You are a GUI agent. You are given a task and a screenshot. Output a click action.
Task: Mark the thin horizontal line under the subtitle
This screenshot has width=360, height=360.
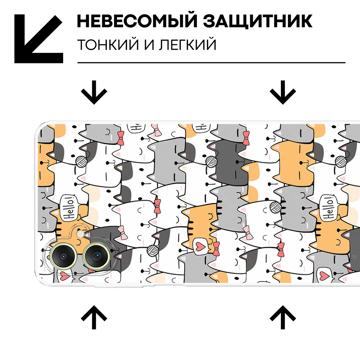[x=211, y=63]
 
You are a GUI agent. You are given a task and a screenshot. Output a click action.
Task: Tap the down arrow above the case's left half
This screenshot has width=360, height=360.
[x=94, y=92]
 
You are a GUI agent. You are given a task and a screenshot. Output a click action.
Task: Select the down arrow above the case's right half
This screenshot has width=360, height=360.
[x=283, y=92]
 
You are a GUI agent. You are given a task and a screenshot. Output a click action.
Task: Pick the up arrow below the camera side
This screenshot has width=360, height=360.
[x=94, y=318]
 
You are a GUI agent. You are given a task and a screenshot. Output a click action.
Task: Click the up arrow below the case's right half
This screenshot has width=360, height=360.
[x=283, y=318]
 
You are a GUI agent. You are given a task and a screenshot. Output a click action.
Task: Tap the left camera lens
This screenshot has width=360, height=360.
[x=63, y=256]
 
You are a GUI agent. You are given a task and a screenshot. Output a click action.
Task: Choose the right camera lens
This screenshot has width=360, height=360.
[x=96, y=256]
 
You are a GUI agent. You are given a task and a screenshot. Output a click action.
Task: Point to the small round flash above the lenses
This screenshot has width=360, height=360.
[x=80, y=234]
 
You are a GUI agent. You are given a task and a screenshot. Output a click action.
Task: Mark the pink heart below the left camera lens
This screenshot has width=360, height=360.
[x=65, y=276]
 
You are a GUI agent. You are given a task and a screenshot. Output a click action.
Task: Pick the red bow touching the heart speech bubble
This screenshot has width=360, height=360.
[x=216, y=248]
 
